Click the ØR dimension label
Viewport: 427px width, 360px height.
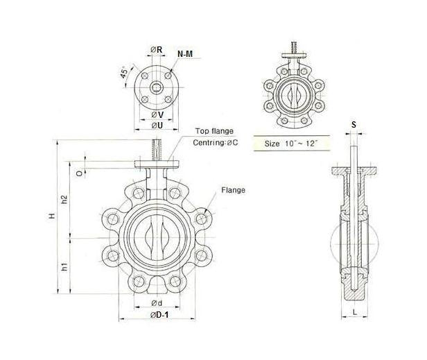[156, 49]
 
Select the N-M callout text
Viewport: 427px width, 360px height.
[185, 53]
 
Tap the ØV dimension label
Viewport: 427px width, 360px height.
[157, 114]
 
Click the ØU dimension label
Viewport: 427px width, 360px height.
[157, 126]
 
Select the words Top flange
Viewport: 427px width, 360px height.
[214, 130]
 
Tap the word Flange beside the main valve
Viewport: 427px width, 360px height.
[232, 189]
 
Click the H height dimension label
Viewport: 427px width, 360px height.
[51, 217]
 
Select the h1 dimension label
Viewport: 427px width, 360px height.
[64, 266]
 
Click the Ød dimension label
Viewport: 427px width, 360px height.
[157, 305]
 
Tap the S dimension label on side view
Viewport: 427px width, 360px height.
[354, 125]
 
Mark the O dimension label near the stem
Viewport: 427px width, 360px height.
[80, 167]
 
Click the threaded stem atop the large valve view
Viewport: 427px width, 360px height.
[157, 149]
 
